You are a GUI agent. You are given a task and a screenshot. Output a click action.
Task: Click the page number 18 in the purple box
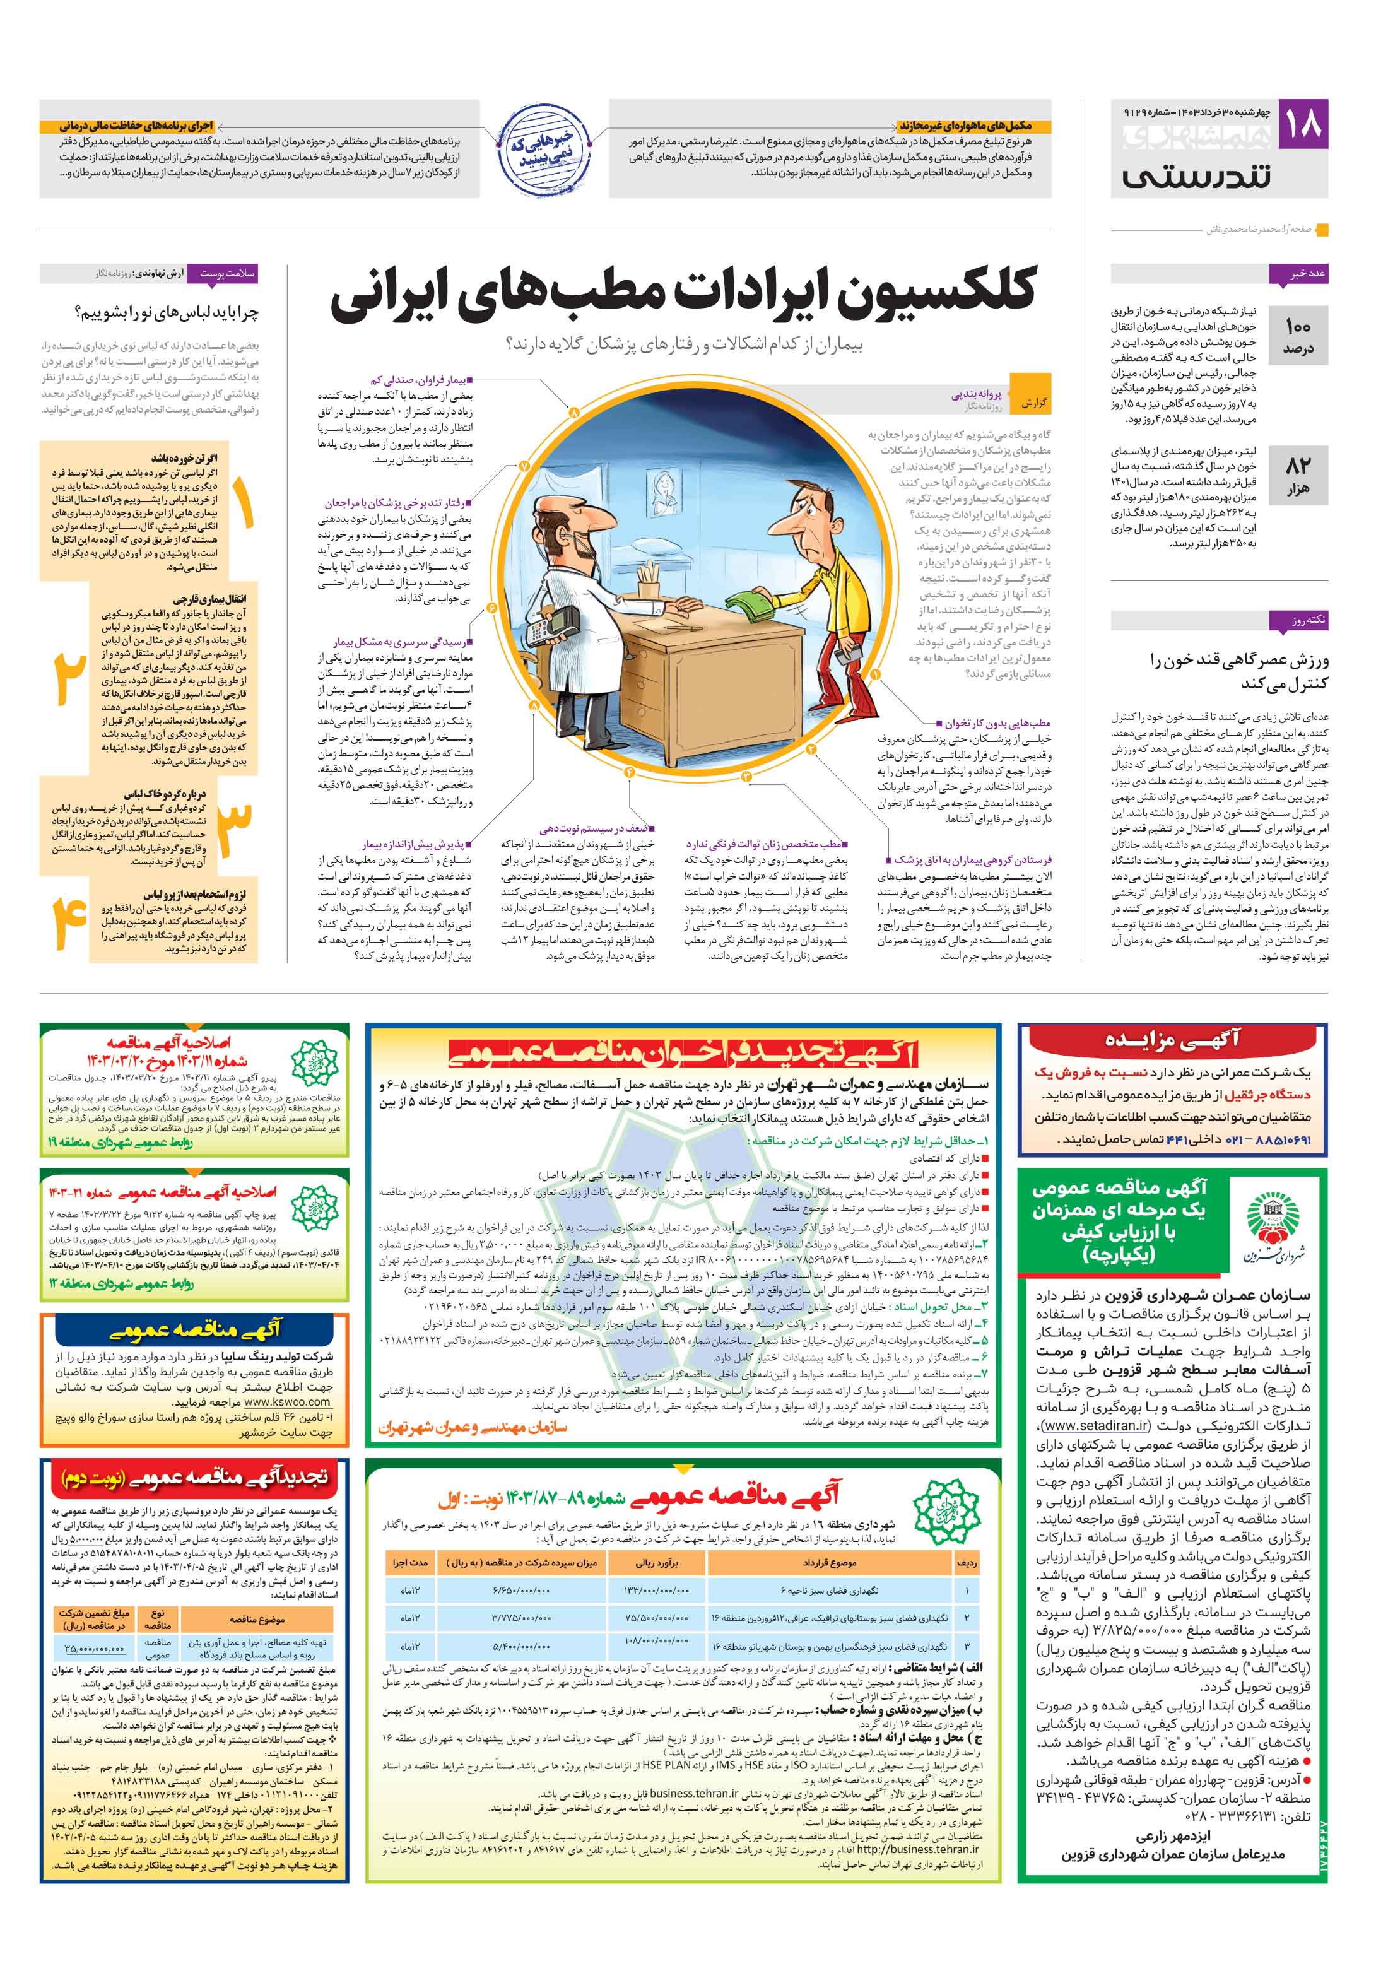click(x=1302, y=124)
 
